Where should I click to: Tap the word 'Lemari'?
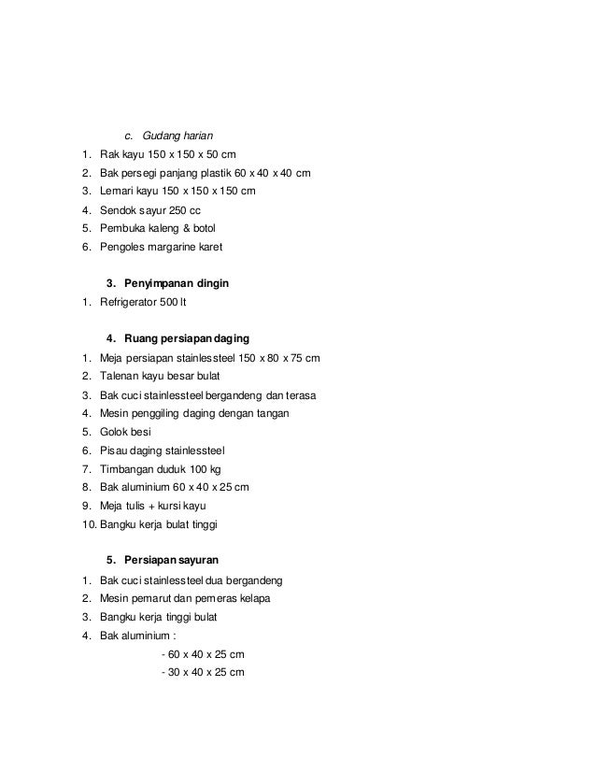(118, 192)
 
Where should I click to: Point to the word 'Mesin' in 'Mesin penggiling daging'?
(116, 412)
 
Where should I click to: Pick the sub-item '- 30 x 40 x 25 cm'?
(202, 672)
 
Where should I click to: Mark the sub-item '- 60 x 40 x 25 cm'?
(202, 653)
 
